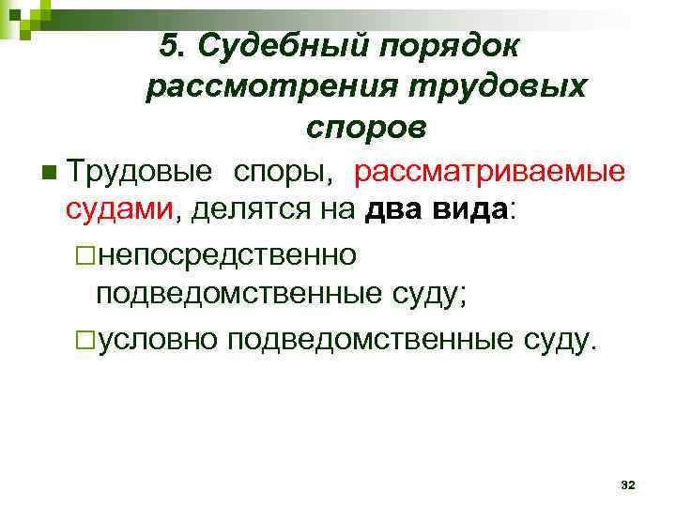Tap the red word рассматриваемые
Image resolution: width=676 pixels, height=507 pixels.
tap(488, 172)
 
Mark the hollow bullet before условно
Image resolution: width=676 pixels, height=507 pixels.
tap(86, 339)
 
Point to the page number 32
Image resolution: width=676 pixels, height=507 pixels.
tap(628, 484)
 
